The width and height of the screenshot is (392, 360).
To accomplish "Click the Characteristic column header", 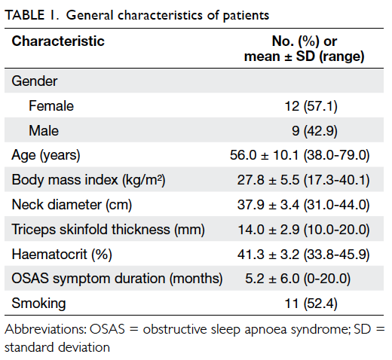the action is pyautogui.click(x=58, y=41).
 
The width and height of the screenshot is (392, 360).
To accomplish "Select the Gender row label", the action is pyautogui.click(x=35, y=81).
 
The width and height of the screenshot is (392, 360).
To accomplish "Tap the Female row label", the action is pyautogui.click(x=51, y=105).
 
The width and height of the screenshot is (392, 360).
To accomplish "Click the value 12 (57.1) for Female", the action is pyautogui.click(x=311, y=106).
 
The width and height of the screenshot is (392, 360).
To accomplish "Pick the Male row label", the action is pyautogui.click(x=44, y=130).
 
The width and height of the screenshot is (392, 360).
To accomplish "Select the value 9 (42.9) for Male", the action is pyautogui.click(x=314, y=131).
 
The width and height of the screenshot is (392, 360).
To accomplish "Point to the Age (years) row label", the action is pyautogui.click(x=46, y=155).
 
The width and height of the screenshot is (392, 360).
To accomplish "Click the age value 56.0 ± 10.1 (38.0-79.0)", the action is pyautogui.click(x=300, y=155).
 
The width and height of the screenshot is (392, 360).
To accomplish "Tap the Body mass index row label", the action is pyautogui.click(x=88, y=180).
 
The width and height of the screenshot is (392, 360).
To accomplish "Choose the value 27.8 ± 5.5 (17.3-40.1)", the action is pyautogui.click(x=304, y=180).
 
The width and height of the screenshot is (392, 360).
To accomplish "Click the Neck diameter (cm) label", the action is pyautogui.click(x=72, y=205).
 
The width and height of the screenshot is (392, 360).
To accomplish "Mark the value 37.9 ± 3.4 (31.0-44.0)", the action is pyautogui.click(x=304, y=205).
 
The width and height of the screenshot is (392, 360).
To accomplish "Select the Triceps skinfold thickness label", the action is pyautogui.click(x=109, y=230).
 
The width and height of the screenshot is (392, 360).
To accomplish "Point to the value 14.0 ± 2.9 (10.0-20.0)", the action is pyautogui.click(x=304, y=230).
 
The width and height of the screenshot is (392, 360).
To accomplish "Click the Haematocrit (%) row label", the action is pyautogui.click(x=62, y=254).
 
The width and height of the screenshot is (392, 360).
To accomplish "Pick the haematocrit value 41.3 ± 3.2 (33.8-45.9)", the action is pyautogui.click(x=304, y=254).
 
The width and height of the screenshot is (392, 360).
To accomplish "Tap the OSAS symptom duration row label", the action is pyautogui.click(x=117, y=279).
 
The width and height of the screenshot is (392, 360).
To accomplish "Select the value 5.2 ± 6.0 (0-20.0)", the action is pyautogui.click(x=298, y=279).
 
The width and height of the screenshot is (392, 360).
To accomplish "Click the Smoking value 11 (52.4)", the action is pyautogui.click(x=311, y=304).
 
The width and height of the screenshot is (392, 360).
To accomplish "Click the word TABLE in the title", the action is pyautogui.click(x=25, y=15).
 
